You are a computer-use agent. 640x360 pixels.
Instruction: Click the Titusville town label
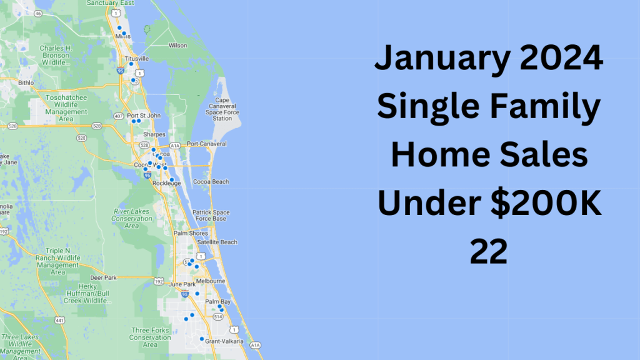[x=137, y=59]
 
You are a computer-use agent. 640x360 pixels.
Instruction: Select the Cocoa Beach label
[x=211, y=182]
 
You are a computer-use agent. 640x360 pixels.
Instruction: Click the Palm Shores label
[x=190, y=233]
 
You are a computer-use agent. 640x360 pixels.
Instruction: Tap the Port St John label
[x=144, y=115]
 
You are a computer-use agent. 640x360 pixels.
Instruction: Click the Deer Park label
[x=104, y=277]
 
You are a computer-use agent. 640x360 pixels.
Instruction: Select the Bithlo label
[x=26, y=82]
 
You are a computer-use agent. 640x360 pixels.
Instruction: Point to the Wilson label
[x=177, y=46]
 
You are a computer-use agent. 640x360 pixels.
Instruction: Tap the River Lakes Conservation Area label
[x=132, y=219]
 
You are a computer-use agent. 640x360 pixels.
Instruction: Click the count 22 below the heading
[x=489, y=252]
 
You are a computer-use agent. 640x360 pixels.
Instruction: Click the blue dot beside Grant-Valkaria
[x=201, y=339]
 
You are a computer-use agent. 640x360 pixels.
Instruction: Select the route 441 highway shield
[x=60, y=321]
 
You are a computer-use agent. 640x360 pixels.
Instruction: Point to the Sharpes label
[x=154, y=134]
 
